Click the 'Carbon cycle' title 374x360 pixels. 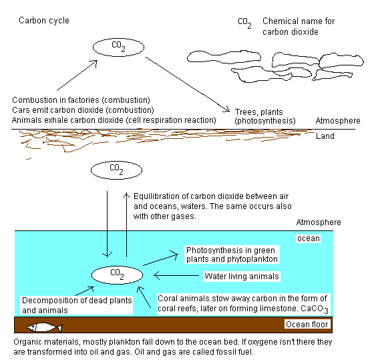pos(44,21)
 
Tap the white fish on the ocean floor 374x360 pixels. pos(45,327)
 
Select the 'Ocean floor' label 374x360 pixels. pos(307,325)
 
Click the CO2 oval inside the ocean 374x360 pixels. pos(117,275)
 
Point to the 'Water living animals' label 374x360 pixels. pos(242,277)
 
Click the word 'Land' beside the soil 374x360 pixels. pos(325,136)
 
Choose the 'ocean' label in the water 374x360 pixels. pos(309,238)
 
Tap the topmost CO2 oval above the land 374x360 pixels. pos(119,47)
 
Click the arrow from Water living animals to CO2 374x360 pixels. pos(176,276)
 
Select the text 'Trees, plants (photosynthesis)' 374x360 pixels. pos(265,116)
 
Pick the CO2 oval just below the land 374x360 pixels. pos(117,170)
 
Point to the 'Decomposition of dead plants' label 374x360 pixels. pos(77,301)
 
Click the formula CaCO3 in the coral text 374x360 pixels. pos(315,309)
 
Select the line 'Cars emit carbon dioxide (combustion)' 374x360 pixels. pos(83,110)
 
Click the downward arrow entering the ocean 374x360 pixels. pos(107,224)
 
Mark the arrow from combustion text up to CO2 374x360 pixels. pos(77,75)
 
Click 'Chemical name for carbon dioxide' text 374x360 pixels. pos(299,27)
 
